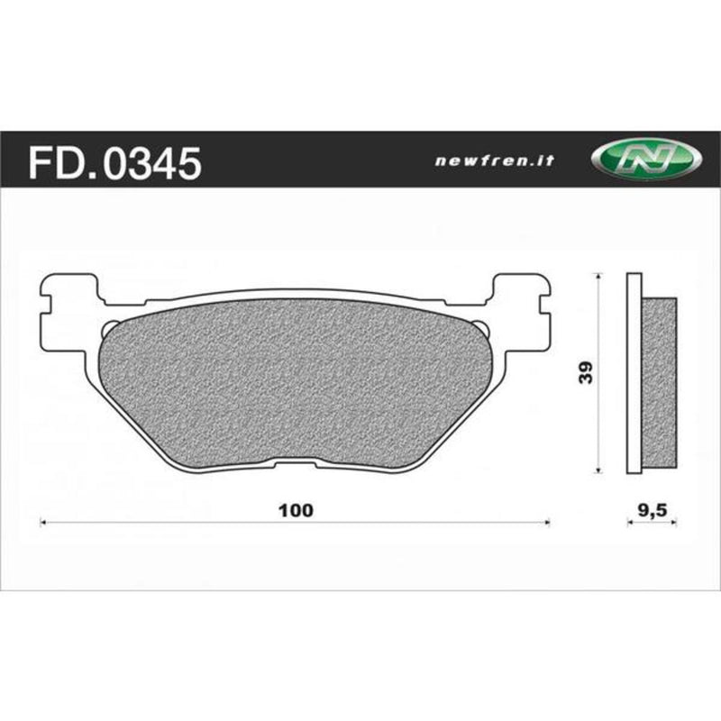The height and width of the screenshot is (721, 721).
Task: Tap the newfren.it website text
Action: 494,161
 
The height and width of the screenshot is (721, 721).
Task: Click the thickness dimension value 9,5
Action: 652,509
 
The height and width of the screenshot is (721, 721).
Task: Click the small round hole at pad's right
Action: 485,326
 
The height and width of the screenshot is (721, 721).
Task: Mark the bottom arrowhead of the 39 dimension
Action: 599,470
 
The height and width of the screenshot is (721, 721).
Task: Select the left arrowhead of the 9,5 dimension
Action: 628,521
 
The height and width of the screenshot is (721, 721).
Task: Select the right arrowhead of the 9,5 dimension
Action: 675,521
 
